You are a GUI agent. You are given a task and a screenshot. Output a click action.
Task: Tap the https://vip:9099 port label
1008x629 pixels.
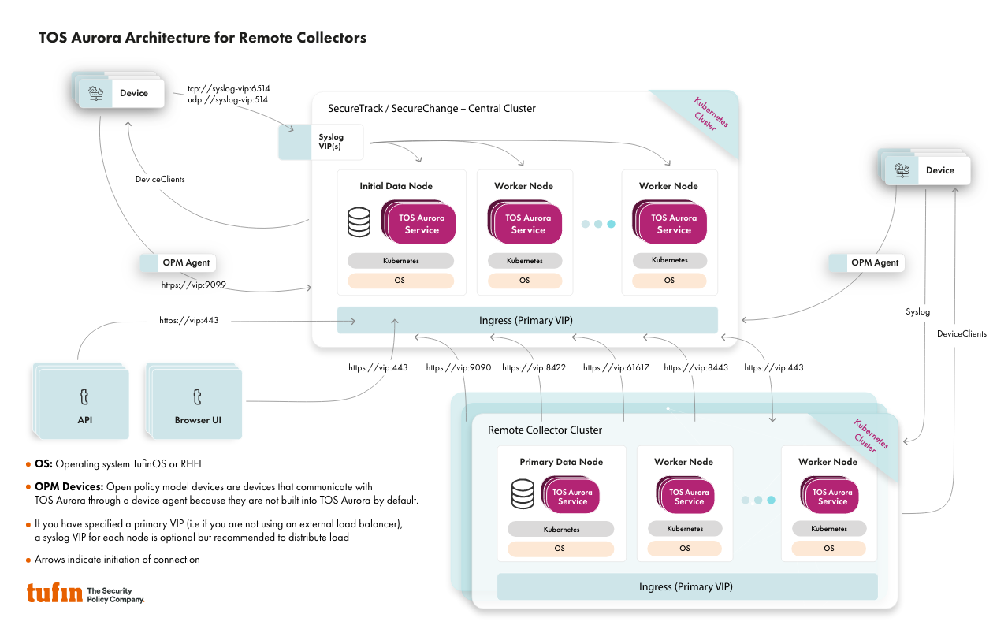194,285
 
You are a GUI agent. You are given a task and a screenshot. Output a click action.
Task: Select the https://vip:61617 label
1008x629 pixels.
616,368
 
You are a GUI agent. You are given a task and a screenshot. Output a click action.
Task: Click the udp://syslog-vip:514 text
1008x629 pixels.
229,100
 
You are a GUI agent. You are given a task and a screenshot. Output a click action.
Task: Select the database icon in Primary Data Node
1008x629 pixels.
523,494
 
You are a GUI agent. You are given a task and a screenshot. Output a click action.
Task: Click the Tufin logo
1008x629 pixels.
54,593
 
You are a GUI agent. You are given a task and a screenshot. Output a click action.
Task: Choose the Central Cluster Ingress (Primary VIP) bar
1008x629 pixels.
526,320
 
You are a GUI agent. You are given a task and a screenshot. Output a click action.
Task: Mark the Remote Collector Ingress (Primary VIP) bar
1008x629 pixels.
686,587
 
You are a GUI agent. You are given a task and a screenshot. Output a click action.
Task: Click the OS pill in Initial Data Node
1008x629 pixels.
400,281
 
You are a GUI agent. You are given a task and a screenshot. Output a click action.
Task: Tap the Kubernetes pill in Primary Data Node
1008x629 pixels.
560,530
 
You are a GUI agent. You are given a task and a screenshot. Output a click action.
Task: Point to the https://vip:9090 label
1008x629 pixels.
458,368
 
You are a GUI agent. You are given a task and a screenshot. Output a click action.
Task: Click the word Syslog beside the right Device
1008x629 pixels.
917,312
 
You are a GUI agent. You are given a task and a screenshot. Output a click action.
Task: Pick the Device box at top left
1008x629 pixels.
127,93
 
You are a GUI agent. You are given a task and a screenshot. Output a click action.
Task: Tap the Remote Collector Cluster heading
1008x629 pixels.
545,430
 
